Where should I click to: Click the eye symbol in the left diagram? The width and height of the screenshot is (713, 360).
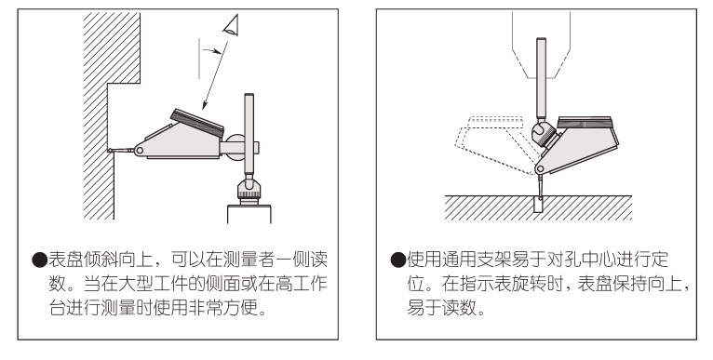point(232,24)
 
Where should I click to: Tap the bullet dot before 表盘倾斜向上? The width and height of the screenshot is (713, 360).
point(40,260)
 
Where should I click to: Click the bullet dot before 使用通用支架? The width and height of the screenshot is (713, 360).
point(397,260)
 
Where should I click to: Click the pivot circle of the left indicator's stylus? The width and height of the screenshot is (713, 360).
point(139,150)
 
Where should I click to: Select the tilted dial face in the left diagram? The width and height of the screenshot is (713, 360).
point(197,123)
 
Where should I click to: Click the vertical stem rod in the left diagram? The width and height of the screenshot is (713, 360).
point(249,135)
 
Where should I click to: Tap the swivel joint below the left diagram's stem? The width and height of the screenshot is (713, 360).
point(249,188)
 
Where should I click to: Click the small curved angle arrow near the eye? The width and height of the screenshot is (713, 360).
point(212,51)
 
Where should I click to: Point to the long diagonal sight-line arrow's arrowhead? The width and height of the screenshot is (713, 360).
point(205,105)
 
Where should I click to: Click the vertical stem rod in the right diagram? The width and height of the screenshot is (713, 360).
point(541,78)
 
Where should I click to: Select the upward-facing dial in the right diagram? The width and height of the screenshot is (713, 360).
point(585,123)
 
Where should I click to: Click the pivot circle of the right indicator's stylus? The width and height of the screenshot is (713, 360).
point(540,169)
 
